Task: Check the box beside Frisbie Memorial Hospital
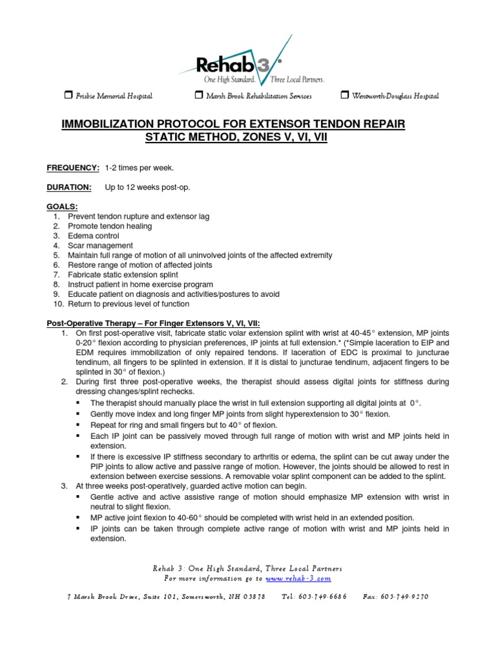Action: click(68, 96)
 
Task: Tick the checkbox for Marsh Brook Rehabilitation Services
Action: click(198, 96)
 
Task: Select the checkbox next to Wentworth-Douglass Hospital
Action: click(344, 96)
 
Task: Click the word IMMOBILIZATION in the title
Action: click(134, 123)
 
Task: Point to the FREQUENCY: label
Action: click(72, 168)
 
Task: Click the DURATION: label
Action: click(68, 187)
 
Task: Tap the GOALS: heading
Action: click(62, 207)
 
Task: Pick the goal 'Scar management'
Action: click(100, 245)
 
